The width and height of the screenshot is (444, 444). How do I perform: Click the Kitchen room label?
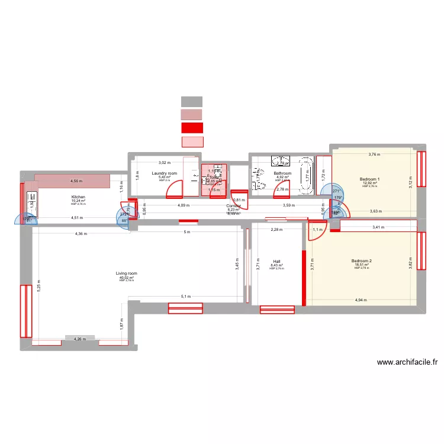coord(78,197)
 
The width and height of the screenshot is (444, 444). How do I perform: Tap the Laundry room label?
coord(164,173)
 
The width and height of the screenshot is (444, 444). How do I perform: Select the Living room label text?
coord(126,274)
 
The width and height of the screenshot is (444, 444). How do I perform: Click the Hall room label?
coord(276,261)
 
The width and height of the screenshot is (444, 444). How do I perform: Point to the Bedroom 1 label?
coord(370,179)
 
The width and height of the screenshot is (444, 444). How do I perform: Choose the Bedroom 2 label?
coord(361,261)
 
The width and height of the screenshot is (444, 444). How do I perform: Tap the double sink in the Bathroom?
coord(280,161)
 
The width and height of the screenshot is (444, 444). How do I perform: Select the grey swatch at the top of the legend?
coord(191,101)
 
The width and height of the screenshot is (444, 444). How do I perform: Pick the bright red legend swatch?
coord(191,127)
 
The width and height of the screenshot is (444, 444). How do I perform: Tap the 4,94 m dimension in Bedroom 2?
coord(361,300)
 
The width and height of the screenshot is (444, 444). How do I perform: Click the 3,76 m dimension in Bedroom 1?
coord(374,155)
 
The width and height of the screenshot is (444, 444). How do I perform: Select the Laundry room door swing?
coord(175,189)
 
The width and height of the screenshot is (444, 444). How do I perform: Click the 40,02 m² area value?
coord(126,277)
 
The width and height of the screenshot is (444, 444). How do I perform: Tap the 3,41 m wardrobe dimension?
coord(379,226)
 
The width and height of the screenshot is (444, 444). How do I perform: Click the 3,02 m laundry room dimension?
coord(164,162)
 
